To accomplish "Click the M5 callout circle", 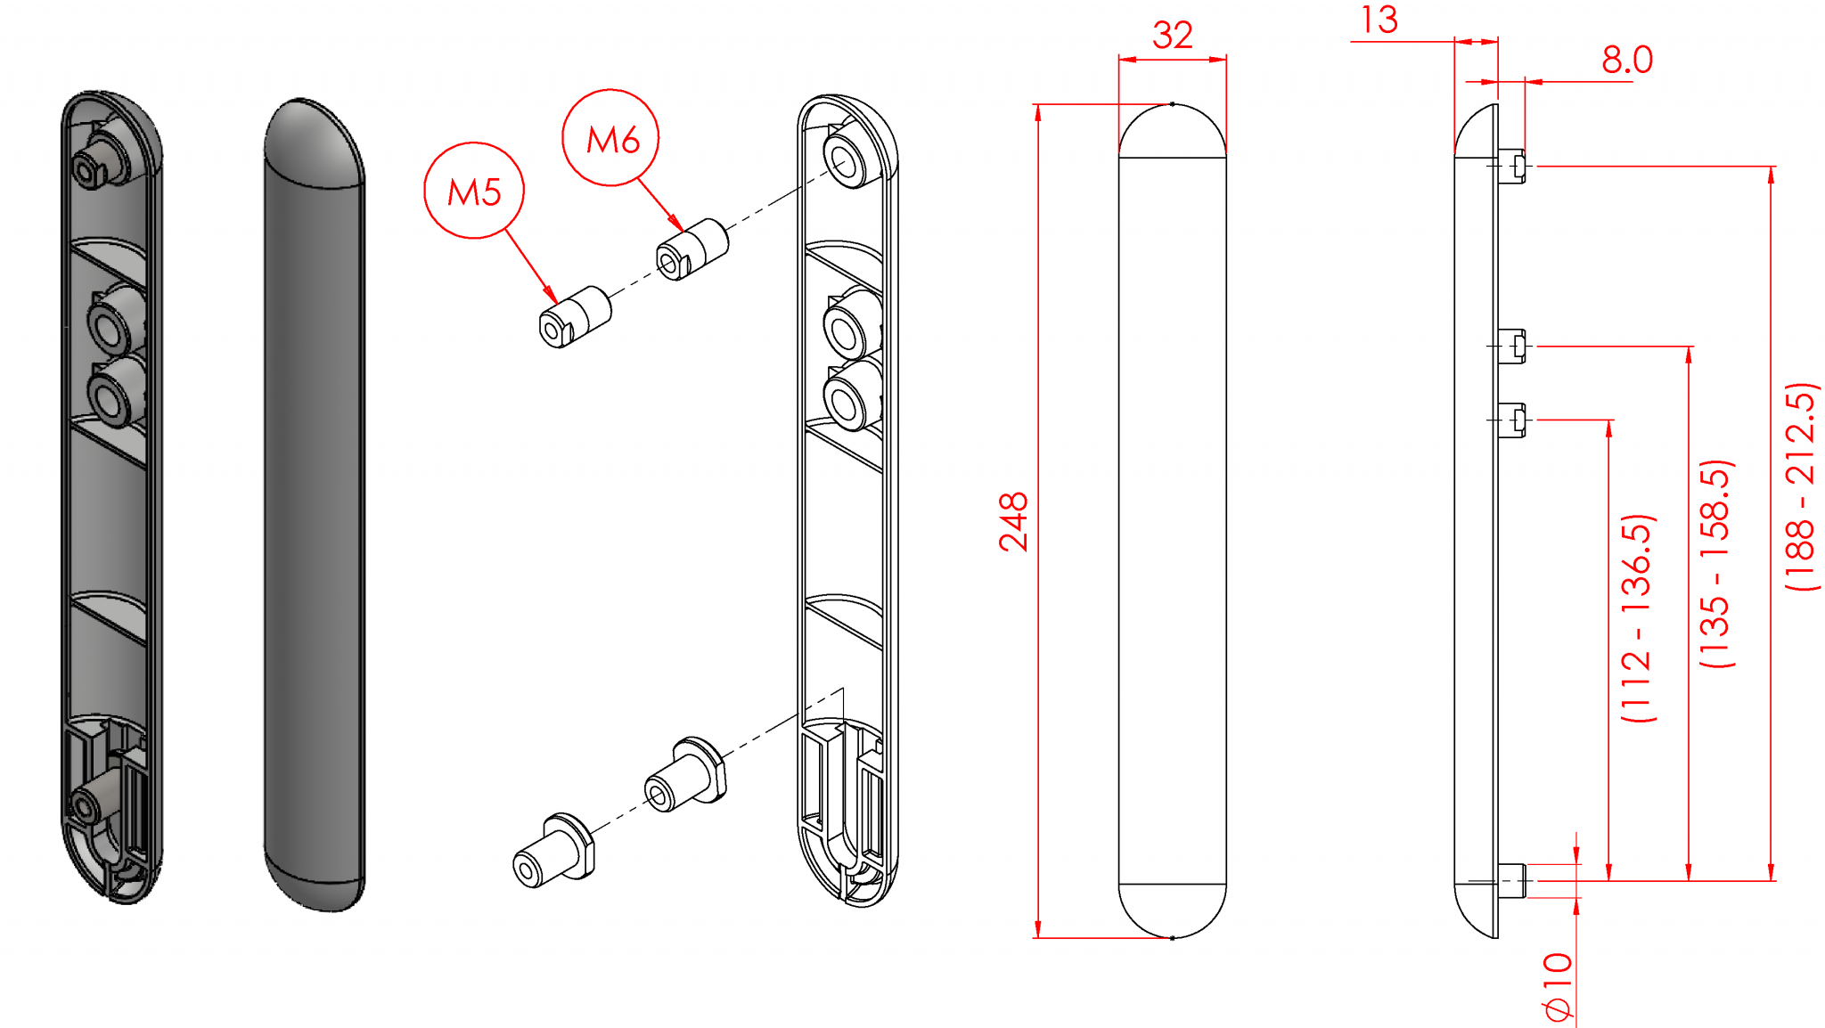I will [473, 191].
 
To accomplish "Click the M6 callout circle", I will [611, 138].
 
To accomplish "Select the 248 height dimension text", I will [1014, 522].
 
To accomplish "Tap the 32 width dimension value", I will [1172, 36].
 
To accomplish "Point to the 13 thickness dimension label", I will [1379, 20].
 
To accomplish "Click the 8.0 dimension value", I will [1626, 61].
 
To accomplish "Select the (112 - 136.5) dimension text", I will [1638, 617].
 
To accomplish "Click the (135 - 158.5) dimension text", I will [1715, 563].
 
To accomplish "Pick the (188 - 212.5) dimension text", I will [1801, 487].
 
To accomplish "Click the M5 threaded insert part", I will [575, 317].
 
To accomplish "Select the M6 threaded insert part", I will [692, 249].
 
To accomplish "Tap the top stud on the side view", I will [1512, 166].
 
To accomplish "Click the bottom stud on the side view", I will [1512, 880].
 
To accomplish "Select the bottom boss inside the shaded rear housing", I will [89, 804].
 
